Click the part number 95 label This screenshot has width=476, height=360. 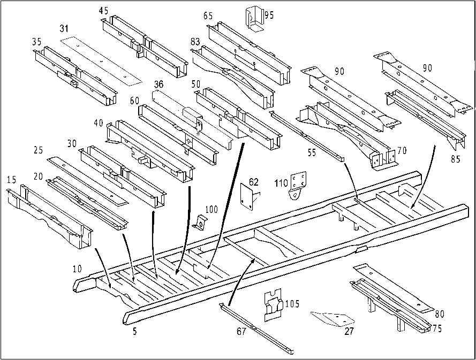coord(269,15)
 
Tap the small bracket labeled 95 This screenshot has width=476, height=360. coord(254,19)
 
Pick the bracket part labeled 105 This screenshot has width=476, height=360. coord(273,304)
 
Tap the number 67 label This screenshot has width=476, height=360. coord(241,331)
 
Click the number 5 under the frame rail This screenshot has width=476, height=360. coord(134,331)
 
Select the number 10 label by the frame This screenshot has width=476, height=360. coord(78,269)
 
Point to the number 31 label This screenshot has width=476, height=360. coord(64,29)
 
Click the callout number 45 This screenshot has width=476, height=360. coord(103,11)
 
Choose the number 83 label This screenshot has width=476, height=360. coord(195,41)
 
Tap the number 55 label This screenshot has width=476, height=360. coord(312,152)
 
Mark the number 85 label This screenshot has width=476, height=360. coord(455,159)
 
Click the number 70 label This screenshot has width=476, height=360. coord(402,150)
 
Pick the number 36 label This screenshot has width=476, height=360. coord(158,84)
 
